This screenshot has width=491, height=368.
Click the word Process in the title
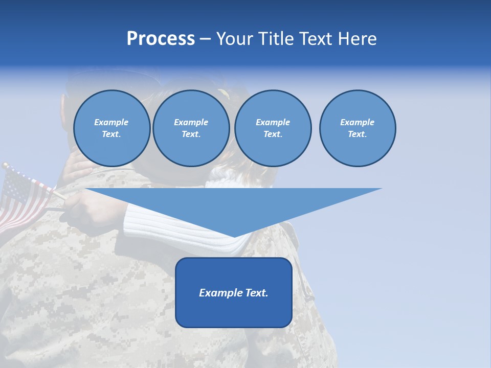point(161,39)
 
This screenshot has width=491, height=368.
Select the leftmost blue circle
point(111,128)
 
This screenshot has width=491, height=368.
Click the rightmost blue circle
point(358,128)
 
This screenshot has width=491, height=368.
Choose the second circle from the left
point(191,128)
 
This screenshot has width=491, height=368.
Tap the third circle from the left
point(273,128)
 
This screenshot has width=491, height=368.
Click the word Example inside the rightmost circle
point(357,122)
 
